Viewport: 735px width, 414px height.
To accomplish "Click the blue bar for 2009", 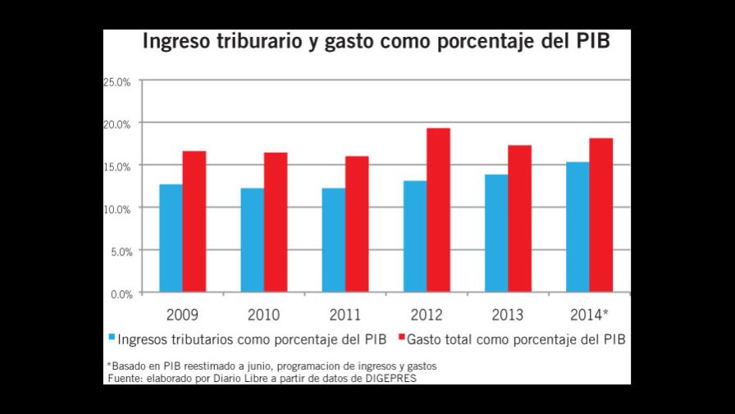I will [x=171, y=238].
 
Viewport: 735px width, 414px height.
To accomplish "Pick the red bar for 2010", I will [x=276, y=223].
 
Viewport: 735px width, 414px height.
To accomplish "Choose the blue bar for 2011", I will [x=333, y=240].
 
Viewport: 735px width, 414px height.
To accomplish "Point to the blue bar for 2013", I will [x=496, y=233].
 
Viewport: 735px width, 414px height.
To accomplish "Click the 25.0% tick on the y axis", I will [x=117, y=81].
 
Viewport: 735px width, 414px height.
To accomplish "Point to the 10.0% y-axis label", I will [x=117, y=209].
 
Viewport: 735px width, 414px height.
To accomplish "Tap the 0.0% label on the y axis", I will [x=120, y=293].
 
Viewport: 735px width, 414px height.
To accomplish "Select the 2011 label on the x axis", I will [x=345, y=315].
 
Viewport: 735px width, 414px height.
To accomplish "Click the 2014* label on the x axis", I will [x=589, y=315].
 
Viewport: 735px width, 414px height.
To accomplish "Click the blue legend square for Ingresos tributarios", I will [x=112, y=338].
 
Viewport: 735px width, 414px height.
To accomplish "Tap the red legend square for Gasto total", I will [x=401, y=338].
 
